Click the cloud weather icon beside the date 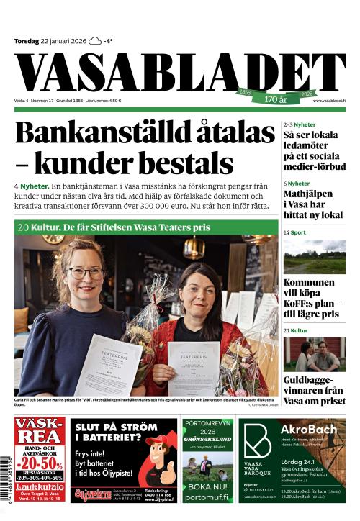click(x=95, y=41)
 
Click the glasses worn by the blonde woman click(x=86, y=273)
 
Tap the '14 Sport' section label click(x=294, y=233)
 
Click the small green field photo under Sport click(x=313, y=256)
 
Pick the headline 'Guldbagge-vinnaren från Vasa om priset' click(x=313, y=389)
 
